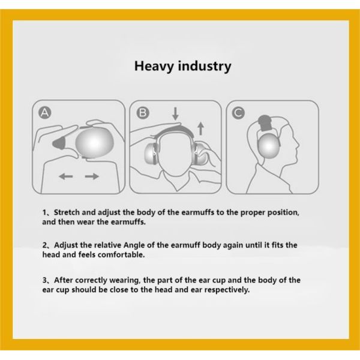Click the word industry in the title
tap(205, 66)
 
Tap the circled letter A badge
tap(45, 113)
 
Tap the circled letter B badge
tap(143, 113)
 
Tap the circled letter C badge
tap(238, 113)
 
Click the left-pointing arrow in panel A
tap(66, 176)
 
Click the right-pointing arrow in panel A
tap(92, 176)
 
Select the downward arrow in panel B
tap(175, 113)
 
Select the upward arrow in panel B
tap(200, 128)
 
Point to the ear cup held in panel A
tap(95, 142)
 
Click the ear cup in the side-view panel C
tap(269, 146)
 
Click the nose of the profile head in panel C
tap(298, 145)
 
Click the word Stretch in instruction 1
tap(67, 212)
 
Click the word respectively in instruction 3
tap(227, 290)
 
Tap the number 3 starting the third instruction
tap(44, 280)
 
